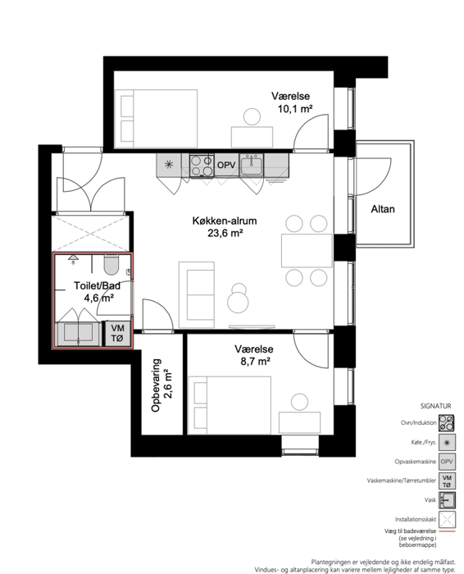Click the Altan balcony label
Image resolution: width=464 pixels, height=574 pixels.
383,209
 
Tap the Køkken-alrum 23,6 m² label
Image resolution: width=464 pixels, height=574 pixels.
225,226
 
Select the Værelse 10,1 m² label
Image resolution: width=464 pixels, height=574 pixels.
292,102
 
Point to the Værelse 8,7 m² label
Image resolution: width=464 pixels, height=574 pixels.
254,355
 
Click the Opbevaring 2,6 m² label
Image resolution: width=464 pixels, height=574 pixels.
161,385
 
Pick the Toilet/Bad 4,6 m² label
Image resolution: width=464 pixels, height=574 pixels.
98,291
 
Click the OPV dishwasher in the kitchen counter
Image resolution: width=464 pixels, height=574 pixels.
226,165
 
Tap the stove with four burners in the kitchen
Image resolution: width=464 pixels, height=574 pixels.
202,165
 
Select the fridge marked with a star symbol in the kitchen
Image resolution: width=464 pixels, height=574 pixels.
169,164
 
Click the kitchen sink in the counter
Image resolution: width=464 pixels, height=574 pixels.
252,164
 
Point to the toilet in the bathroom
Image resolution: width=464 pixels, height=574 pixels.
111,265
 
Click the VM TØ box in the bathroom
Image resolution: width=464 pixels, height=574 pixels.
117,333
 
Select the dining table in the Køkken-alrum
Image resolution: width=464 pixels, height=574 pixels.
307,251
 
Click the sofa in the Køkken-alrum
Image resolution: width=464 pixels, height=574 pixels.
197,294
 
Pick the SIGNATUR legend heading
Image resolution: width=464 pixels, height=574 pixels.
435,406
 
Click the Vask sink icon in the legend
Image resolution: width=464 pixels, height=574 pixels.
447,499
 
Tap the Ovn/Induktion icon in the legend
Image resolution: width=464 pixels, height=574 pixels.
447,423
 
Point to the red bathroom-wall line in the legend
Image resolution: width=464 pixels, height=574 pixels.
447,531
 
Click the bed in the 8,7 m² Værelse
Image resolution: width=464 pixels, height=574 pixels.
230,405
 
